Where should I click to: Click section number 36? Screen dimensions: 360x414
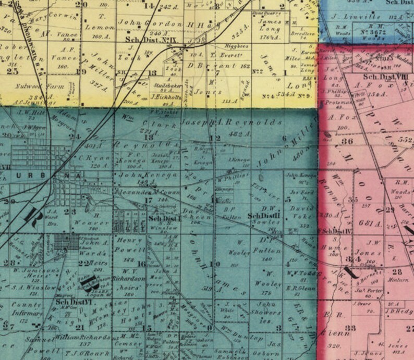[347, 141]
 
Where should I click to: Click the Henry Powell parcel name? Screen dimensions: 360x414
[130, 245]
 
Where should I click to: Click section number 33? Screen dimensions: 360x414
[350, 328]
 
